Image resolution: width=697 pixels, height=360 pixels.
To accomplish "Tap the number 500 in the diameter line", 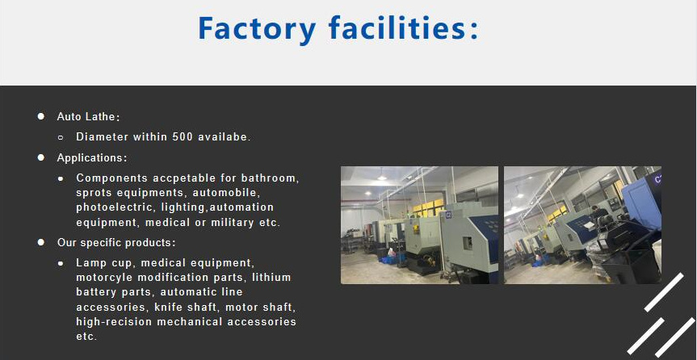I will (182, 137).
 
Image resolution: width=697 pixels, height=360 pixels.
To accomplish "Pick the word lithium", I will (271, 278).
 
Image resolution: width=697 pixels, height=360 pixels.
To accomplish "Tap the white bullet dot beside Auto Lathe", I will (40, 117).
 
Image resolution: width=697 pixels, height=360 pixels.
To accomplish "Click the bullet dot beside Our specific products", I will (40, 242).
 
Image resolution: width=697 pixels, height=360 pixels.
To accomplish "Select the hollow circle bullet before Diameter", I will (61, 137).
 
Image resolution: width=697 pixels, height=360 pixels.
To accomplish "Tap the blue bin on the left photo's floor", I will (391, 260).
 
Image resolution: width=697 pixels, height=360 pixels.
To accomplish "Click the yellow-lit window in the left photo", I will (428, 206).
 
